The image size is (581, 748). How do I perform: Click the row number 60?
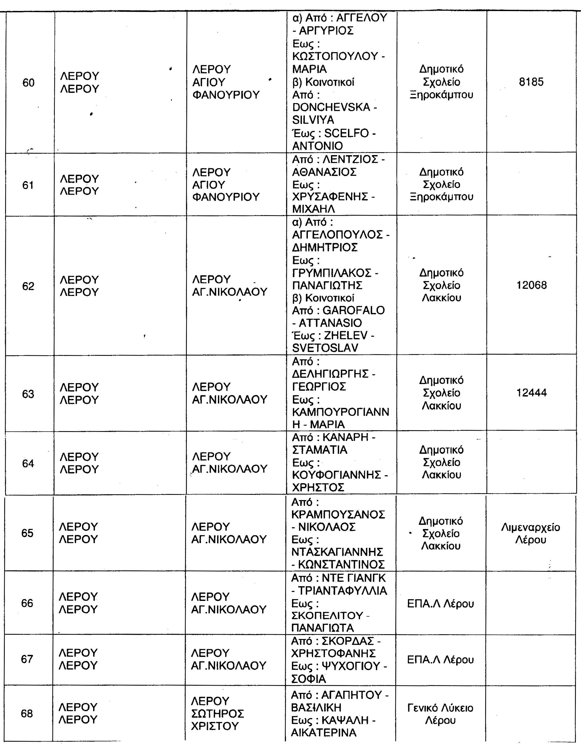tap(28, 83)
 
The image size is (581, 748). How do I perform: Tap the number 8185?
tap(531, 82)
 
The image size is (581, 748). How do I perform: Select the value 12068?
tap(531, 285)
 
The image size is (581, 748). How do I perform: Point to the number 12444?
tap(531, 392)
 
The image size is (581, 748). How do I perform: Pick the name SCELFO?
tap(346, 133)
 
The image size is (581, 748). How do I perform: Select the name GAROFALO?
tap(354, 310)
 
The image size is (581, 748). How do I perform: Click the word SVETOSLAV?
tap(325, 348)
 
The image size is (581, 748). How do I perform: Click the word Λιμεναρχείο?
tap(530, 527)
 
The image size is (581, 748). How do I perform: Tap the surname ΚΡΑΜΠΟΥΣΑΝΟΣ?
tap(338, 514)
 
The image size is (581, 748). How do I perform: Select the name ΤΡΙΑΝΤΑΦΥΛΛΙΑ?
tap(342, 591)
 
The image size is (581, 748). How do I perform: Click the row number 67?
tap(27, 659)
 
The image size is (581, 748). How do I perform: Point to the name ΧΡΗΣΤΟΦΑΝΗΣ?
tap(333, 653)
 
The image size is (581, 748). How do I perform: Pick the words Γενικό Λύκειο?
tap(440, 708)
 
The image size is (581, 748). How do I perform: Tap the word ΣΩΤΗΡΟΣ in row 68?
tap(217, 714)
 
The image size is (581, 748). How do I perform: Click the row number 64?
tap(28, 463)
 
